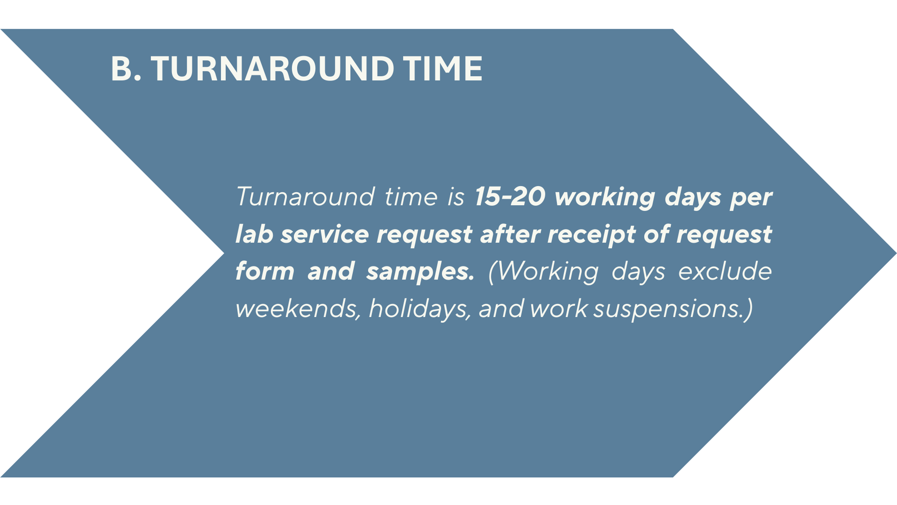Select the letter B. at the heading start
(126, 69)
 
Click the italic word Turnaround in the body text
(305, 196)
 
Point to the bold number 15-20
(510, 196)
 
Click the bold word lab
(254, 233)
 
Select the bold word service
(325, 234)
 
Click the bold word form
(265, 271)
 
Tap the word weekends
(298, 309)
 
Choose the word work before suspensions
(559, 309)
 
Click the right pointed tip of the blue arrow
(896, 253)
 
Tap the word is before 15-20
(456, 197)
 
